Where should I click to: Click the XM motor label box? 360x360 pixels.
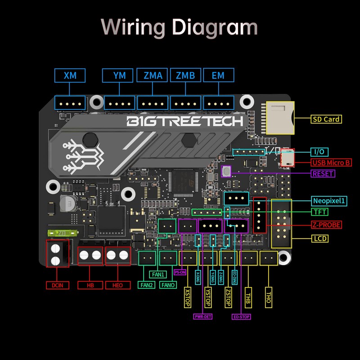[x=70, y=76]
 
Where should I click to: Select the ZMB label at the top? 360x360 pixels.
[x=185, y=76]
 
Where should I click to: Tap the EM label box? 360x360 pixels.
[x=218, y=76]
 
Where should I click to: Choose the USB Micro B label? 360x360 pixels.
[x=331, y=162]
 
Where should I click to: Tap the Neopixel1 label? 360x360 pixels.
[x=330, y=201]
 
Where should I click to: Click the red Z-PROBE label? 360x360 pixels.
[x=326, y=225]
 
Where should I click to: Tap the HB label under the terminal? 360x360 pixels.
[x=90, y=285]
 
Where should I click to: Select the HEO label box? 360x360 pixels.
[x=117, y=285]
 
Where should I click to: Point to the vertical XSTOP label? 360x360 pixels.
[x=187, y=297]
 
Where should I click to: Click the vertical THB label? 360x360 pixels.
[x=248, y=297]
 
